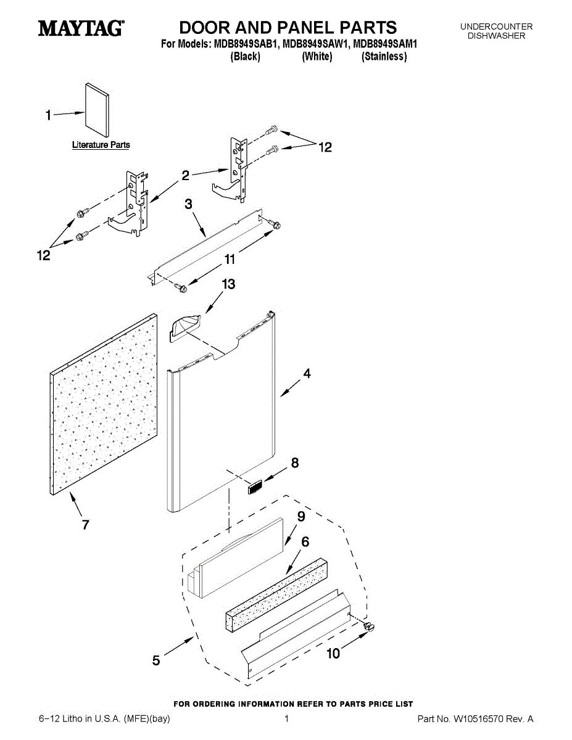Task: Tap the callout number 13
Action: [x=228, y=284]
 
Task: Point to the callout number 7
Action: [x=85, y=525]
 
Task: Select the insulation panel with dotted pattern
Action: [x=102, y=404]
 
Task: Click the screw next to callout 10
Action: [x=371, y=628]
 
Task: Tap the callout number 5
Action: [x=157, y=661]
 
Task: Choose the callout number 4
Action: [x=306, y=374]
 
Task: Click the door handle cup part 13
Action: [x=184, y=325]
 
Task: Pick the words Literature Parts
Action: [x=101, y=146]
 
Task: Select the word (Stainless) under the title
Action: [x=384, y=57]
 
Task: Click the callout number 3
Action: [x=189, y=203]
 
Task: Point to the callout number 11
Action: [x=230, y=260]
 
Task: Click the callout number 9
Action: [x=301, y=517]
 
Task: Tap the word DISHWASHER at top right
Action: [x=496, y=36]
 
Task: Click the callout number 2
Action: [x=185, y=176]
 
